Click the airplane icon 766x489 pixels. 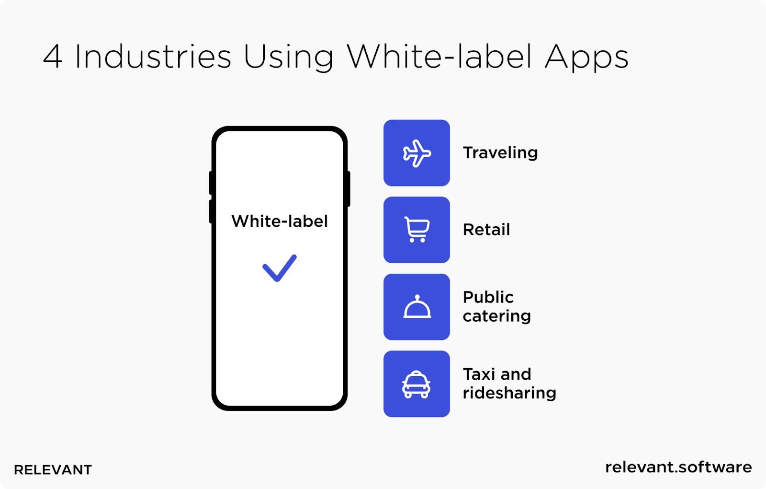pos(417,153)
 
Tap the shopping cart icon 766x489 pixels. pos(417,230)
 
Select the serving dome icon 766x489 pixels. pos(417,306)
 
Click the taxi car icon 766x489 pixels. pos(416,384)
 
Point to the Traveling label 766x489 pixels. pos(500,153)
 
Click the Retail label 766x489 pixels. pos(486,230)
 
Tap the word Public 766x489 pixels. pos(488,297)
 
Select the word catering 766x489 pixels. pos(497,316)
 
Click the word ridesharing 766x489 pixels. pos(509,393)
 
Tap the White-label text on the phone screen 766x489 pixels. pos(280,221)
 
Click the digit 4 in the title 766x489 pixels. pos(53,57)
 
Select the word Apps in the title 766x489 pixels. pos(587,58)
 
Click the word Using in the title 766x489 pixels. pos(289,58)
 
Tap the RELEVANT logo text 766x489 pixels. pos(53,470)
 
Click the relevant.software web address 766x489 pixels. pos(678,467)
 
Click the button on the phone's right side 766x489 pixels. pos(349,189)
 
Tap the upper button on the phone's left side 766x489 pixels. pos(211,183)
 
